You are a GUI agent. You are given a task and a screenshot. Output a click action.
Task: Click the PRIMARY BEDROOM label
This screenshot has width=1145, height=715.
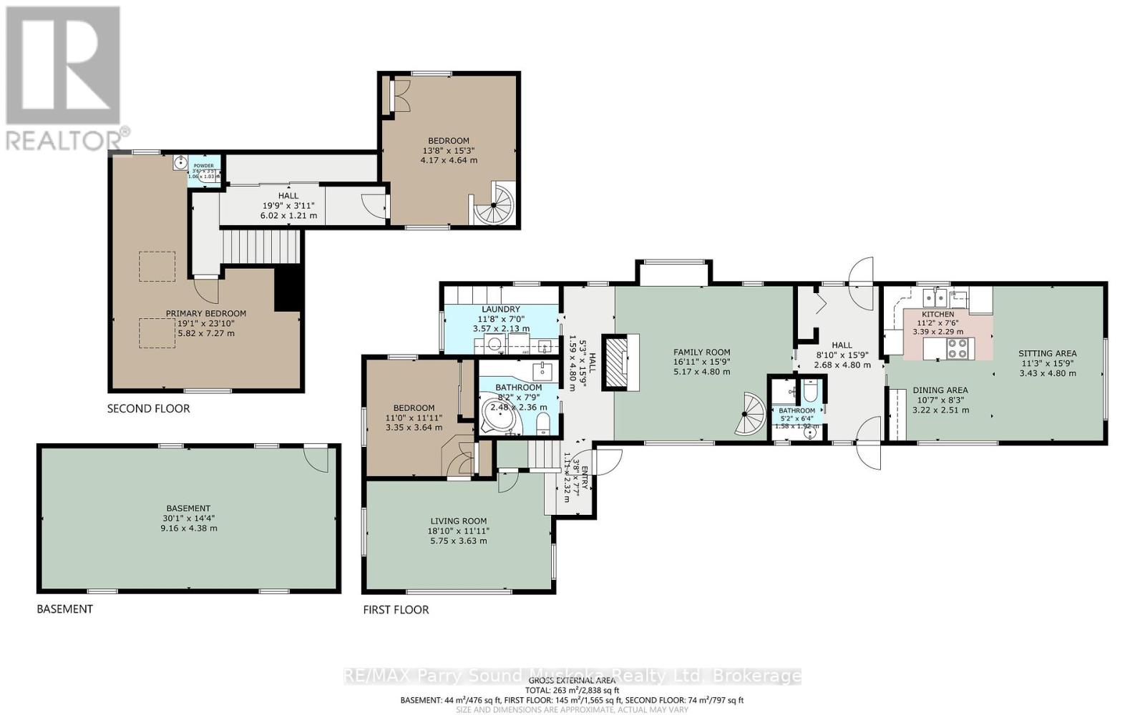tap(206, 313)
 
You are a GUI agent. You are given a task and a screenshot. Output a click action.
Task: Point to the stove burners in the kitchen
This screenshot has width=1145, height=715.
tap(958, 348)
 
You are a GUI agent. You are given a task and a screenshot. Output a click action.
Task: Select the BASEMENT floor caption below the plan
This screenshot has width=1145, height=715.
tap(64, 609)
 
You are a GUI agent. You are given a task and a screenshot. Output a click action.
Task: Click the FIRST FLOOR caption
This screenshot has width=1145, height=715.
tap(396, 610)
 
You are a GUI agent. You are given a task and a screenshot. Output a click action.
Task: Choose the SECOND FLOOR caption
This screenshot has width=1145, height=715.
tap(148, 409)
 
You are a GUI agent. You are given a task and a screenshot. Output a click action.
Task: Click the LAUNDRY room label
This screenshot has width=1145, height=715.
tap(500, 310)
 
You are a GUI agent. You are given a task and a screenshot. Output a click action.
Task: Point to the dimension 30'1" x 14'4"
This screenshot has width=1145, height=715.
tap(189, 518)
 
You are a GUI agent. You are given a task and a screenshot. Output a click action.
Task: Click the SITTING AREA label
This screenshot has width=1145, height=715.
tap(1047, 353)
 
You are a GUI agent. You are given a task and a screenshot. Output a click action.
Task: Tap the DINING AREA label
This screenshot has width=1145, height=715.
tap(940, 390)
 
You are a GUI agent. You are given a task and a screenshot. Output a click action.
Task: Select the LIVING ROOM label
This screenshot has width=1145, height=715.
tap(458, 521)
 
